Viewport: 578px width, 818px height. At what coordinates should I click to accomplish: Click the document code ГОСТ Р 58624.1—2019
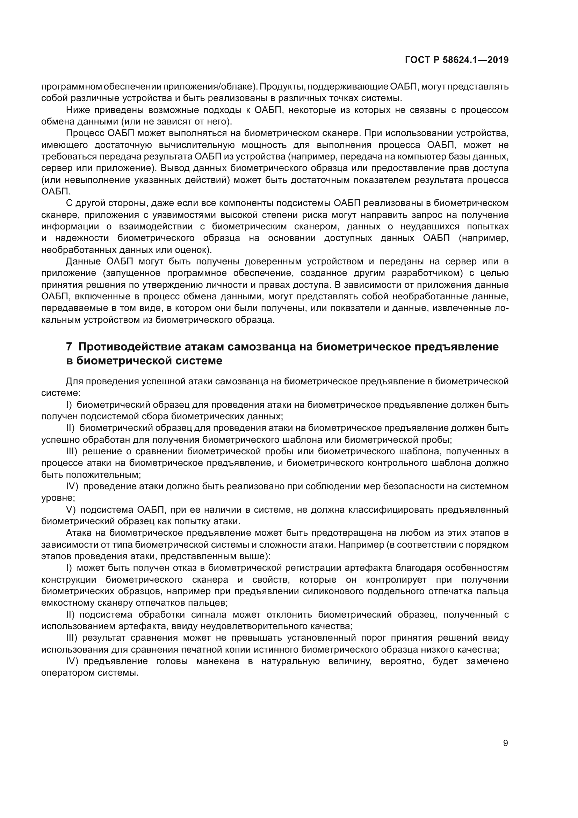tap(457, 60)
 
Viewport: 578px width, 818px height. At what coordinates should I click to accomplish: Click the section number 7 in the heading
tap(70, 347)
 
